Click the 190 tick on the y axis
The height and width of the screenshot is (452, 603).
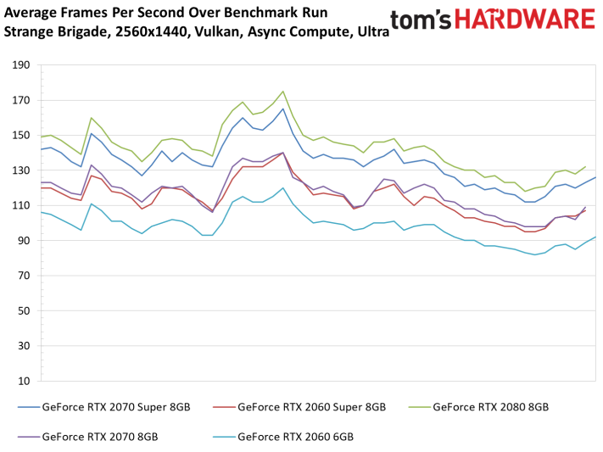(x=20, y=65)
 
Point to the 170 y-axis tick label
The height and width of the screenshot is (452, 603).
(x=20, y=100)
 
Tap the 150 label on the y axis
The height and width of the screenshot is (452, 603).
(x=20, y=136)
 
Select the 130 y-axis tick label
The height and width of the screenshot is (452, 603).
(x=20, y=170)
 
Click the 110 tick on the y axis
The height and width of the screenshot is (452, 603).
(x=20, y=206)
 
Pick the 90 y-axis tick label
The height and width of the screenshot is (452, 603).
(x=23, y=241)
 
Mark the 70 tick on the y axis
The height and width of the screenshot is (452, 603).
(x=23, y=276)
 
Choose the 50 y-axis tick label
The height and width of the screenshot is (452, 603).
(x=23, y=311)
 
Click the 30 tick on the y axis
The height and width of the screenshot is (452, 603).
(x=23, y=346)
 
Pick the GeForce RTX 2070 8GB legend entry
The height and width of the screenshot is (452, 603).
(x=98, y=438)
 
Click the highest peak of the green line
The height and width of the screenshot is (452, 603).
(x=282, y=92)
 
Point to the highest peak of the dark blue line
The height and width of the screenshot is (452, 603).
(x=282, y=109)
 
